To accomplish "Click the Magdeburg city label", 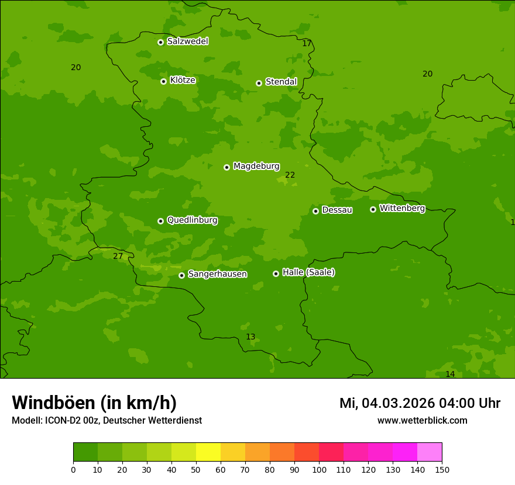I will pyautogui.click(x=256, y=167).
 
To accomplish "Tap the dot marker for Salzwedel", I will pyautogui.click(x=160, y=42).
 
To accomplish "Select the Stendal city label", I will pyautogui.click(x=281, y=82).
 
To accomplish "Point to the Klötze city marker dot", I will pyautogui.click(x=163, y=81).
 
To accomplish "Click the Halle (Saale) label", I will pyautogui.click(x=308, y=272).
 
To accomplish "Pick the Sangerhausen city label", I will pyautogui.click(x=217, y=274).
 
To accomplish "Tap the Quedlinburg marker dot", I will pyautogui.click(x=160, y=221).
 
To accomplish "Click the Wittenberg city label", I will pyautogui.click(x=402, y=208).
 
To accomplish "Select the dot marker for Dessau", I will pyautogui.click(x=315, y=211).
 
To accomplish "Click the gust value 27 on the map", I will pyautogui.click(x=118, y=256).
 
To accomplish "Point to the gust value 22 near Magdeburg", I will pyautogui.click(x=290, y=175).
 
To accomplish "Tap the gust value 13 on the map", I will pyautogui.click(x=250, y=337).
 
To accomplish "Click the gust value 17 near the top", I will pyautogui.click(x=307, y=43).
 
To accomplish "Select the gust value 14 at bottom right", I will pyautogui.click(x=450, y=374).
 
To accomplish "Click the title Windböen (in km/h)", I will pyautogui.click(x=94, y=403).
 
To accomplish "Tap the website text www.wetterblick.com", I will pyautogui.click(x=422, y=421).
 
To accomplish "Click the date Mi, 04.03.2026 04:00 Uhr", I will pyautogui.click(x=420, y=403).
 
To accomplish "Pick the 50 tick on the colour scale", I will pyautogui.click(x=196, y=469).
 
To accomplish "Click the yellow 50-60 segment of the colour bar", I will pyautogui.click(x=208, y=452).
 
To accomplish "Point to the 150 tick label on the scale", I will pyautogui.click(x=442, y=469).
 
